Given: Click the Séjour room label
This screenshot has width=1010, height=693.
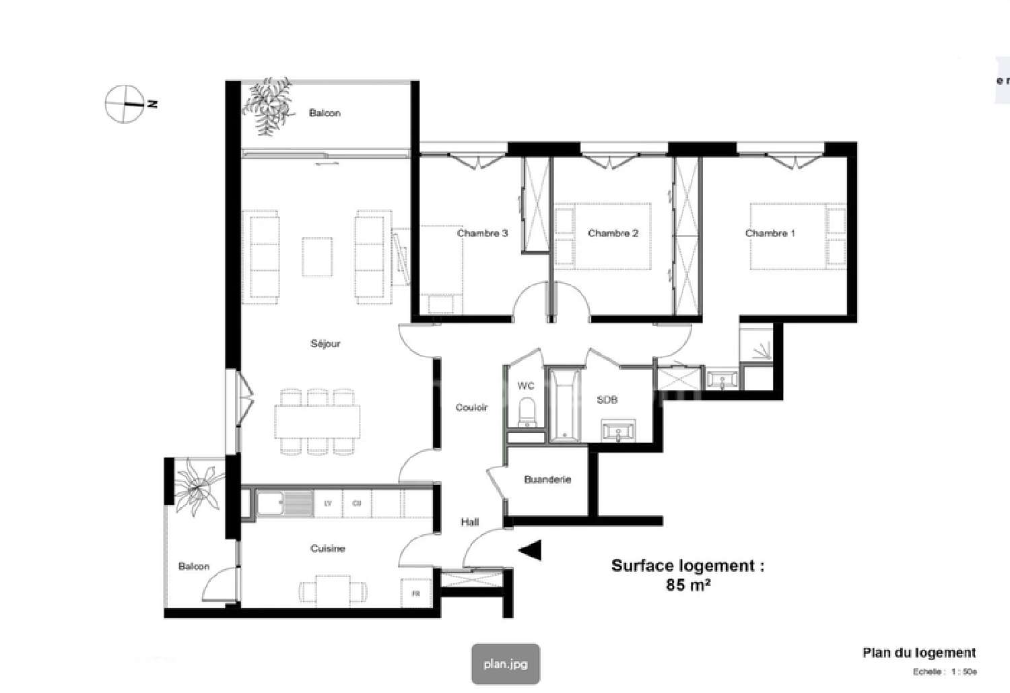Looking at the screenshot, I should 325,343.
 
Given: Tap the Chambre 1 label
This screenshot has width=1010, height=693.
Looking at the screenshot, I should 770,234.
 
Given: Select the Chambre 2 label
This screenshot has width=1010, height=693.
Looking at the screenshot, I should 613,234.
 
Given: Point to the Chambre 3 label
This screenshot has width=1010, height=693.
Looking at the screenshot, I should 482,234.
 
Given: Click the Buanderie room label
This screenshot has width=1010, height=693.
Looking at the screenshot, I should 547,480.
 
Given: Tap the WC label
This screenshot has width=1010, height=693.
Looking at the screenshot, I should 526,386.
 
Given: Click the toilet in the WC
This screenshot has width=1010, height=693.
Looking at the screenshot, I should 527,411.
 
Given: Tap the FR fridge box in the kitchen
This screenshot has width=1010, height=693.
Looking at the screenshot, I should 415,594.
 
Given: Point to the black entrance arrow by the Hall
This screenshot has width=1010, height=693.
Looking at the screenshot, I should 530,550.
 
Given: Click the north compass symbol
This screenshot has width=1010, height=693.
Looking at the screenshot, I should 125,104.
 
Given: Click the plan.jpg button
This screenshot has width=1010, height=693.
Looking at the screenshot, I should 506,664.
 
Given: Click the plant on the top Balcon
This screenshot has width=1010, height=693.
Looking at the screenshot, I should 269,106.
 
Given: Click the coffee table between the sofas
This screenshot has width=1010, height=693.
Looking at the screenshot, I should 317,257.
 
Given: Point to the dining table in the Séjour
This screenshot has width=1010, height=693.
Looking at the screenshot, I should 316,421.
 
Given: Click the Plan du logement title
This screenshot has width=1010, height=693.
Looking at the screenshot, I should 918,653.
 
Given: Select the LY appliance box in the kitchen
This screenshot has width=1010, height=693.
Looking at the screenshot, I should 328,504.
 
